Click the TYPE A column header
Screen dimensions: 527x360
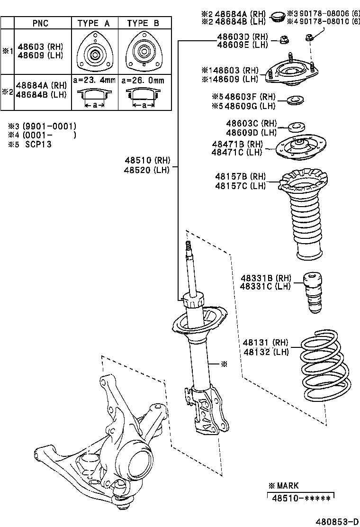94,23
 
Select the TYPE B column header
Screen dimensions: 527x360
143,23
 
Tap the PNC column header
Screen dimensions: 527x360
40,23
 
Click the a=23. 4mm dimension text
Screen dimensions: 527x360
94,81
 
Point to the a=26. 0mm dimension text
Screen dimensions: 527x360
144,81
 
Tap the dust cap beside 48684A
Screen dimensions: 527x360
277,18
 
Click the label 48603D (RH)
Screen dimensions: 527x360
243,36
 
